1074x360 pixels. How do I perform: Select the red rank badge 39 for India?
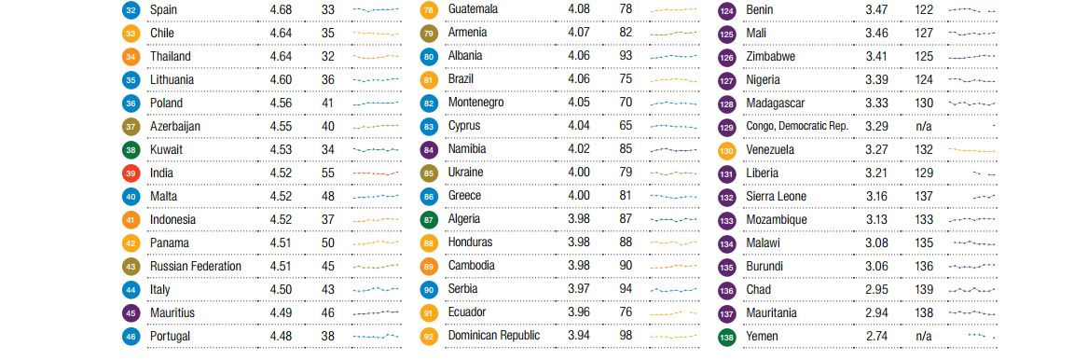pos(131,173)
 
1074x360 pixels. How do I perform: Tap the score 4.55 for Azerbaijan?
pos(281,126)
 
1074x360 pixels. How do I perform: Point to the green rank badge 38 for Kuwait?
pos(131,149)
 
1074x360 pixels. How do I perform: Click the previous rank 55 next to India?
pos(328,173)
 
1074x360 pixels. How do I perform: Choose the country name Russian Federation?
pos(196,266)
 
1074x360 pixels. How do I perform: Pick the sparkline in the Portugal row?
pos(376,336)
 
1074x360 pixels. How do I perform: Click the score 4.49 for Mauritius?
pos(281,312)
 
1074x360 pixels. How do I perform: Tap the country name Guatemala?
pos(474,9)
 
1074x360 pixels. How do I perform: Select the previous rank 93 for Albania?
pos(626,56)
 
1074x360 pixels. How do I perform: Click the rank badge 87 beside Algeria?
pos(430,219)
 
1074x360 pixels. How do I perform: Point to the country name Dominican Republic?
pos(494,336)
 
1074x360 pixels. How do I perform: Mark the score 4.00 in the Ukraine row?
pos(579,173)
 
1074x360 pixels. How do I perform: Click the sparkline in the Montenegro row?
pos(673,103)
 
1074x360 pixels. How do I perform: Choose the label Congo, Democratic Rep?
pos(797,126)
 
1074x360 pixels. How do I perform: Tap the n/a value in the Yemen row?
pos(923,336)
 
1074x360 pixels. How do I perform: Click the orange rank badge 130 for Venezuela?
pos(727,150)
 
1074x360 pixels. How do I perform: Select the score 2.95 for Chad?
pos(876,289)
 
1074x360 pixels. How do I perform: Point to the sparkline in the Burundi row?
pos(972,266)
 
